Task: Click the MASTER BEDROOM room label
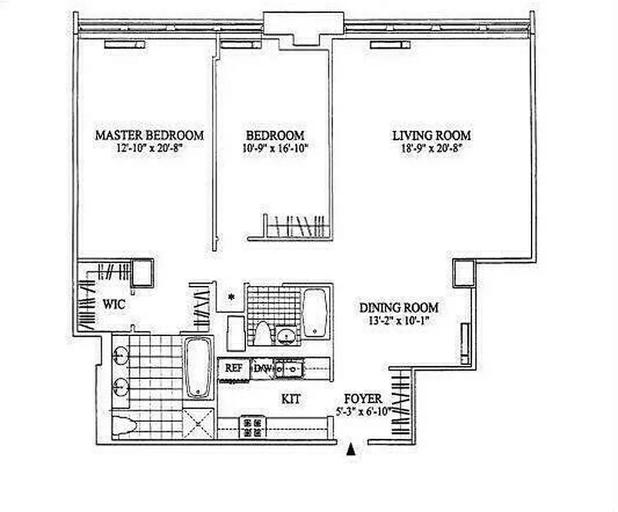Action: (149, 135)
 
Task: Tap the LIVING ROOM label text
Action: (431, 135)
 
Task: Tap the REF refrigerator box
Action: (233, 368)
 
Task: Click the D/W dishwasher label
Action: (263, 368)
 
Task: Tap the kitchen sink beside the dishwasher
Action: (290, 368)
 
